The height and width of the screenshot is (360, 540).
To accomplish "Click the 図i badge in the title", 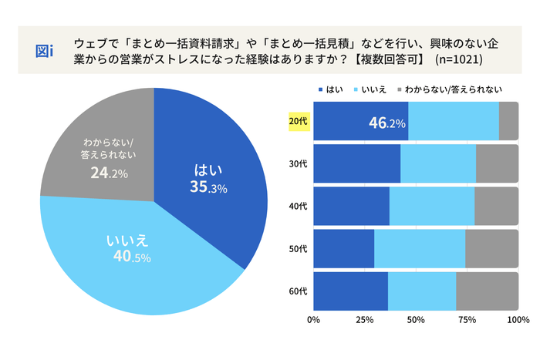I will pyautogui.click(x=45, y=51).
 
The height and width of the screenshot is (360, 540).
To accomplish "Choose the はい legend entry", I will pyautogui.click(x=329, y=89).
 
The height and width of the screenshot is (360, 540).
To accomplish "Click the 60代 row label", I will pyautogui.click(x=298, y=291).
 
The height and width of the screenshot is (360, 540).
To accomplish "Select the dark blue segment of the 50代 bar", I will pyautogui.click(x=344, y=249).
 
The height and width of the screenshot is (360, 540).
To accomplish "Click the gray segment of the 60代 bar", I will pyautogui.click(x=487, y=291).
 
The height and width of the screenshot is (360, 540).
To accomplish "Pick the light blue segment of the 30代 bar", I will pyautogui.click(x=438, y=164).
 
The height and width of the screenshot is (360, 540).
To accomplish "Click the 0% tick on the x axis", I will pyautogui.click(x=314, y=318).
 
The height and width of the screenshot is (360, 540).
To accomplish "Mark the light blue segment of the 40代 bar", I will pyautogui.click(x=432, y=207).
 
